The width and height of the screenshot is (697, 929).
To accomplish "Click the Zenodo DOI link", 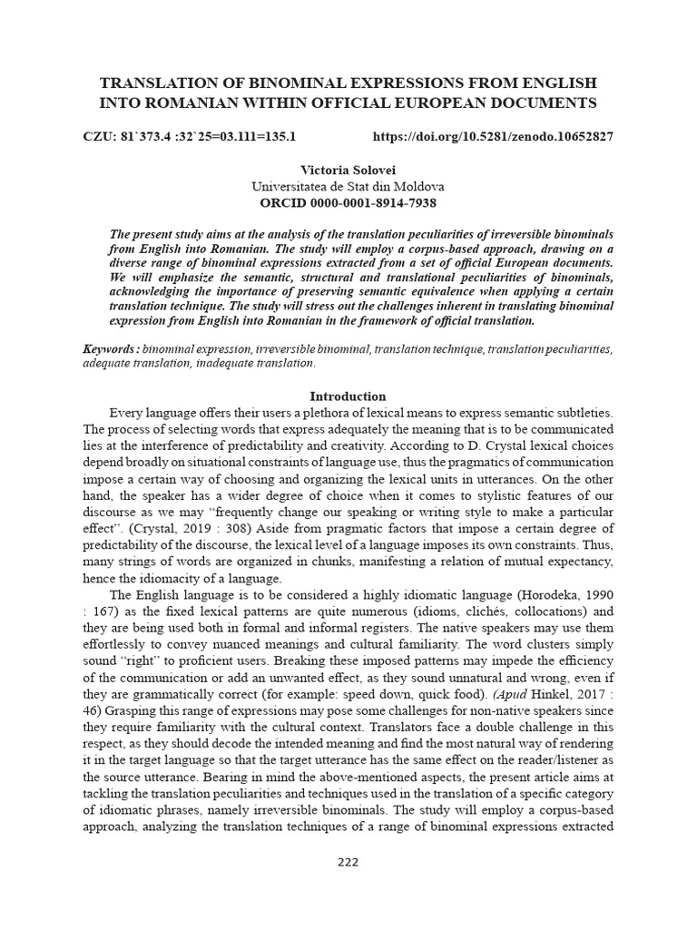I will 493,137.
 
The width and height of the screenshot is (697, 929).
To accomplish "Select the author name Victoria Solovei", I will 348,171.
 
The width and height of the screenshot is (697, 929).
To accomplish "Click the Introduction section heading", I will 348,396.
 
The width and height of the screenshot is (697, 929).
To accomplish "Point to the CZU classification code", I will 190,137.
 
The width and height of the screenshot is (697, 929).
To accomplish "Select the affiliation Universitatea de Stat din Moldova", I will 348,186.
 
